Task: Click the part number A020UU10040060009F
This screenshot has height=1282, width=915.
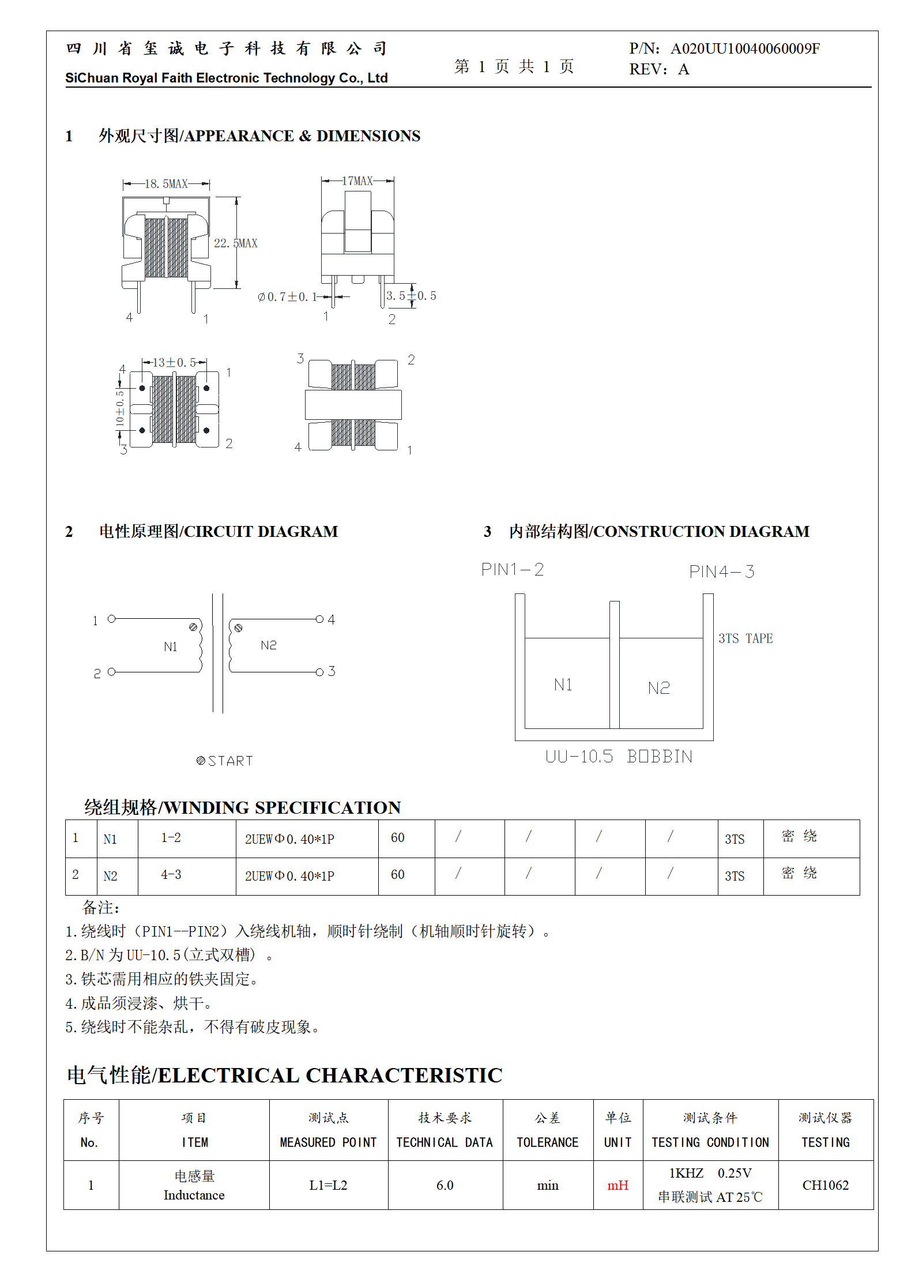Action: click(x=745, y=49)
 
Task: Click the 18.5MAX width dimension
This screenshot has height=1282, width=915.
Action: click(x=166, y=184)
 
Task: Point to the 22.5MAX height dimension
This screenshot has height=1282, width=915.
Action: click(x=235, y=243)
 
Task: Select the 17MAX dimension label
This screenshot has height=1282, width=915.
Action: click(x=357, y=181)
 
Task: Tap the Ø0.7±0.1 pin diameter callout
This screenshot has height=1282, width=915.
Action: click(x=287, y=297)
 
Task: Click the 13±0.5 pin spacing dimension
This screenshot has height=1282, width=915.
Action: click(x=174, y=363)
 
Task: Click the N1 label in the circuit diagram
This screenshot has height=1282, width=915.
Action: click(x=171, y=646)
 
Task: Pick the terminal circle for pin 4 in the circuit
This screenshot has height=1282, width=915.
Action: click(x=319, y=619)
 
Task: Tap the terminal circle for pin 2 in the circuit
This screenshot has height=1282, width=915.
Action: click(x=112, y=672)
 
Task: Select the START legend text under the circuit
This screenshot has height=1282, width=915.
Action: click(x=225, y=761)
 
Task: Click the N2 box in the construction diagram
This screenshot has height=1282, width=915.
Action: click(x=660, y=687)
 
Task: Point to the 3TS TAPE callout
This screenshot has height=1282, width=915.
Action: click(x=745, y=638)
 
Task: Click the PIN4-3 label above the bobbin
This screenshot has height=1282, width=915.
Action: click(x=721, y=572)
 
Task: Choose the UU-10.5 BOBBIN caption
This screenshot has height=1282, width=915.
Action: click(x=619, y=757)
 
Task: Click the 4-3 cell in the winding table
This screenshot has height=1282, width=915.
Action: click(x=171, y=875)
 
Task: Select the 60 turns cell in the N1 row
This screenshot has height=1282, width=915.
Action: click(x=397, y=838)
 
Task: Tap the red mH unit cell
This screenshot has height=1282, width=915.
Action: click(x=617, y=1186)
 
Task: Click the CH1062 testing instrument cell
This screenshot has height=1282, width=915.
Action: click(x=825, y=1186)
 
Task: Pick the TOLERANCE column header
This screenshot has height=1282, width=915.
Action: click(x=547, y=1142)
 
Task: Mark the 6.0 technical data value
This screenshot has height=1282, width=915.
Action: click(x=445, y=1186)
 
